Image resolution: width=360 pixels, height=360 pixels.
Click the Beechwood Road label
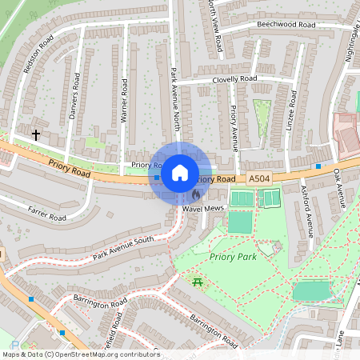coord(285,25)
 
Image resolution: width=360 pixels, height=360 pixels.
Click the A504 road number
coord(259,178)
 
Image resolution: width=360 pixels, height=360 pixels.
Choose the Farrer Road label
coord(46,215)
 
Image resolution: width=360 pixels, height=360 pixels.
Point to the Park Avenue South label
coord(122,248)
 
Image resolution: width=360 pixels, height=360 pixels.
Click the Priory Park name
coord(233,257)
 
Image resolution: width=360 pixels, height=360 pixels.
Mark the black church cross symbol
coord(37,136)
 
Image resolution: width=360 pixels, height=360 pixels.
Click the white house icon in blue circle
coord(180,172)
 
